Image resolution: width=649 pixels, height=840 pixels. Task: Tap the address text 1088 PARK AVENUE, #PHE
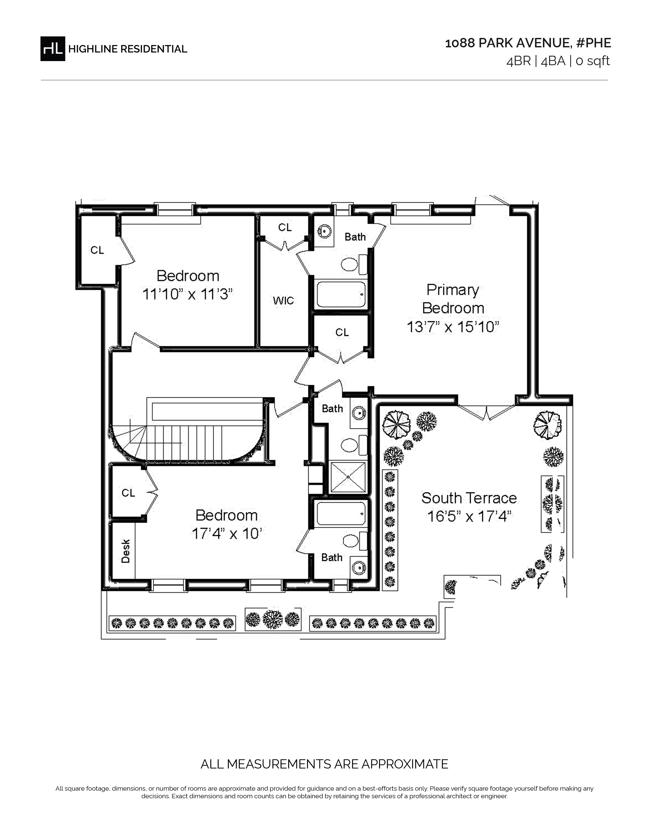(x=528, y=43)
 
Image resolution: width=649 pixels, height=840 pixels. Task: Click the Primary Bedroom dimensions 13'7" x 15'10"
(x=453, y=327)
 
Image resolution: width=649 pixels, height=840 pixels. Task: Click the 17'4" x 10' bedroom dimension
(x=227, y=534)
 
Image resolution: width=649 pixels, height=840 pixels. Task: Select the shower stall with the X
(x=348, y=477)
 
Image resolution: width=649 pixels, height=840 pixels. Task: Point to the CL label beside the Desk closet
(x=129, y=493)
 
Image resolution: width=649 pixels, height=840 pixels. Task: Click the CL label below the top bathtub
(x=342, y=332)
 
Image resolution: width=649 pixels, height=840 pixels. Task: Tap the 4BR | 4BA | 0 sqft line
(x=558, y=61)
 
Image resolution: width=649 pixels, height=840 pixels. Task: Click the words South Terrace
(x=469, y=498)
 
